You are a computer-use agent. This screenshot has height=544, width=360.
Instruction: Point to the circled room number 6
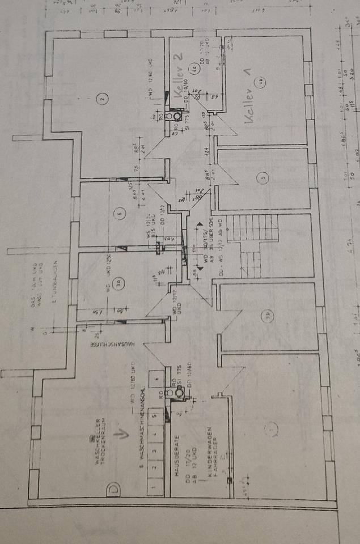point(118,214)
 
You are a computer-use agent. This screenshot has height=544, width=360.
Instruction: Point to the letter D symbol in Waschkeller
point(113,487)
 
